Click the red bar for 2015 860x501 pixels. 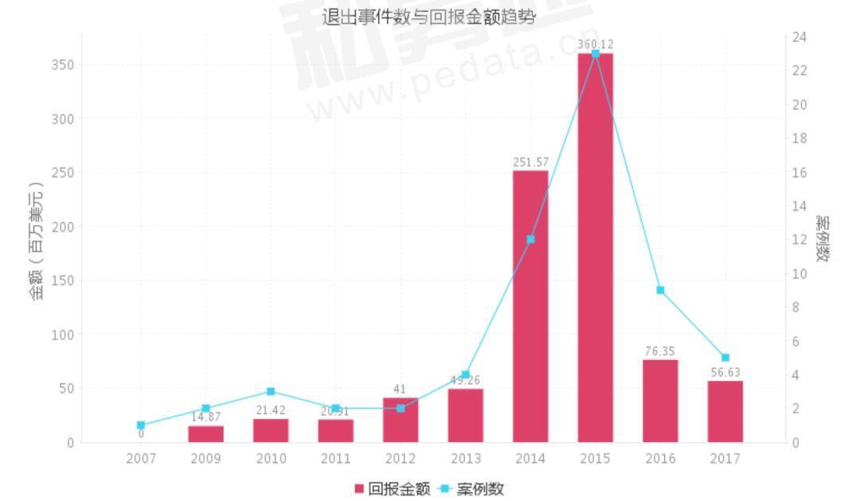pos(595,247)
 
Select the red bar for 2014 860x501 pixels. pos(530,306)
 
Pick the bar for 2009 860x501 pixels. pos(206,434)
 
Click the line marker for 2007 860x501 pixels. pos(141,425)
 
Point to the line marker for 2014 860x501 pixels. pos(530,239)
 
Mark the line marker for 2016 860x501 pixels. pos(660,290)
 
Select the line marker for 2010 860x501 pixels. pos(271,392)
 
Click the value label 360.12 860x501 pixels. pos(595,44)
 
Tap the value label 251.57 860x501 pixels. pos(530,162)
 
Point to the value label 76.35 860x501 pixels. pos(660,351)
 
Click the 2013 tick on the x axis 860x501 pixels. pos(465,459)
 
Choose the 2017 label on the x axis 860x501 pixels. pos(725,459)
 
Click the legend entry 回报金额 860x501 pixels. pos(393,488)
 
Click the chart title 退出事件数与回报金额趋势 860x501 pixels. pos(429,17)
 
